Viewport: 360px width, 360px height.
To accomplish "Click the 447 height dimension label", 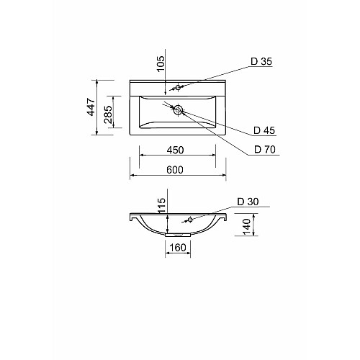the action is pyautogui.click(x=91, y=107).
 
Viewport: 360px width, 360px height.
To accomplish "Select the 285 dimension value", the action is pyautogui.click(x=108, y=114).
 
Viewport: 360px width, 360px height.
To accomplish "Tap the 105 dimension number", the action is pyautogui.click(x=161, y=63).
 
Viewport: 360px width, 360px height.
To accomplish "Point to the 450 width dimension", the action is pyautogui.click(x=175, y=150).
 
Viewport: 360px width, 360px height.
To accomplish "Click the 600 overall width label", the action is pyautogui.click(x=175, y=170).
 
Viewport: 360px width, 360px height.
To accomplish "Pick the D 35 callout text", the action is pyautogui.click(x=261, y=61).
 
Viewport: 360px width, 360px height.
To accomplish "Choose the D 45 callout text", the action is pyautogui.click(x=264, y=130).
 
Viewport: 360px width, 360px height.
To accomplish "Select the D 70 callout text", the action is pyautogui.click(x=265, y=150).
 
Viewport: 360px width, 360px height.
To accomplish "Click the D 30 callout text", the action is pyautogui.click(x=248, y=202).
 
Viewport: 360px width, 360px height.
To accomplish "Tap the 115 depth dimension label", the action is pyautogui.click(x=162, y=205).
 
